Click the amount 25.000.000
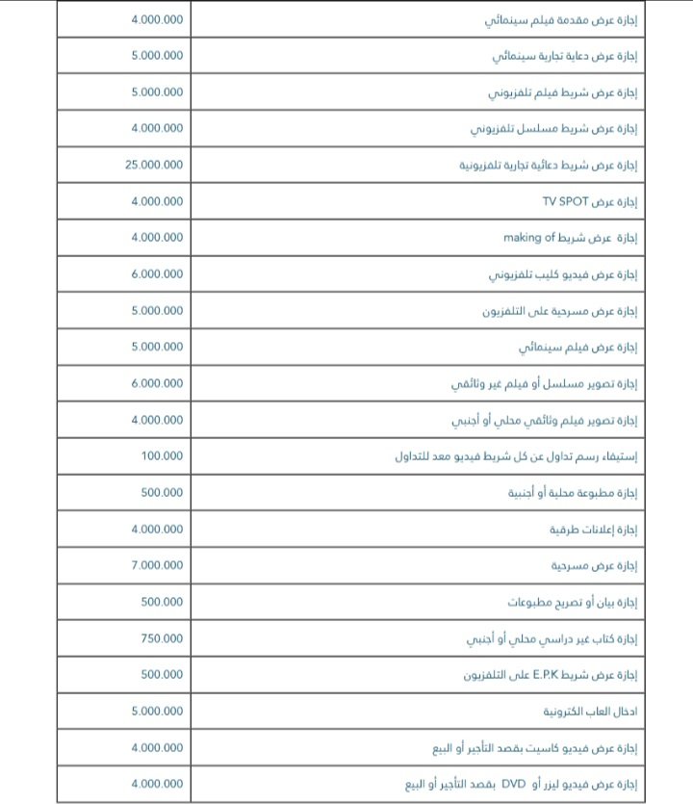pos(154,165)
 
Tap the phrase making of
pos(529,238)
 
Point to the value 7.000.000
pos(157,565)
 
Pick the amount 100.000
pos(162,455)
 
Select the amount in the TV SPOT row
pos(157,201)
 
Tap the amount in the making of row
pos(157,238)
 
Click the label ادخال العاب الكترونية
pos(591,712)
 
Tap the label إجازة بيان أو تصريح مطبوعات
pos(573,603)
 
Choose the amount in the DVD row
pos(157,784)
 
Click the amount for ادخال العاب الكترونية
pos(157,712)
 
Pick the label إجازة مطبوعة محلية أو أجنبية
pos(573,493)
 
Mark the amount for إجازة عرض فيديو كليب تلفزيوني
pos(157,274)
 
